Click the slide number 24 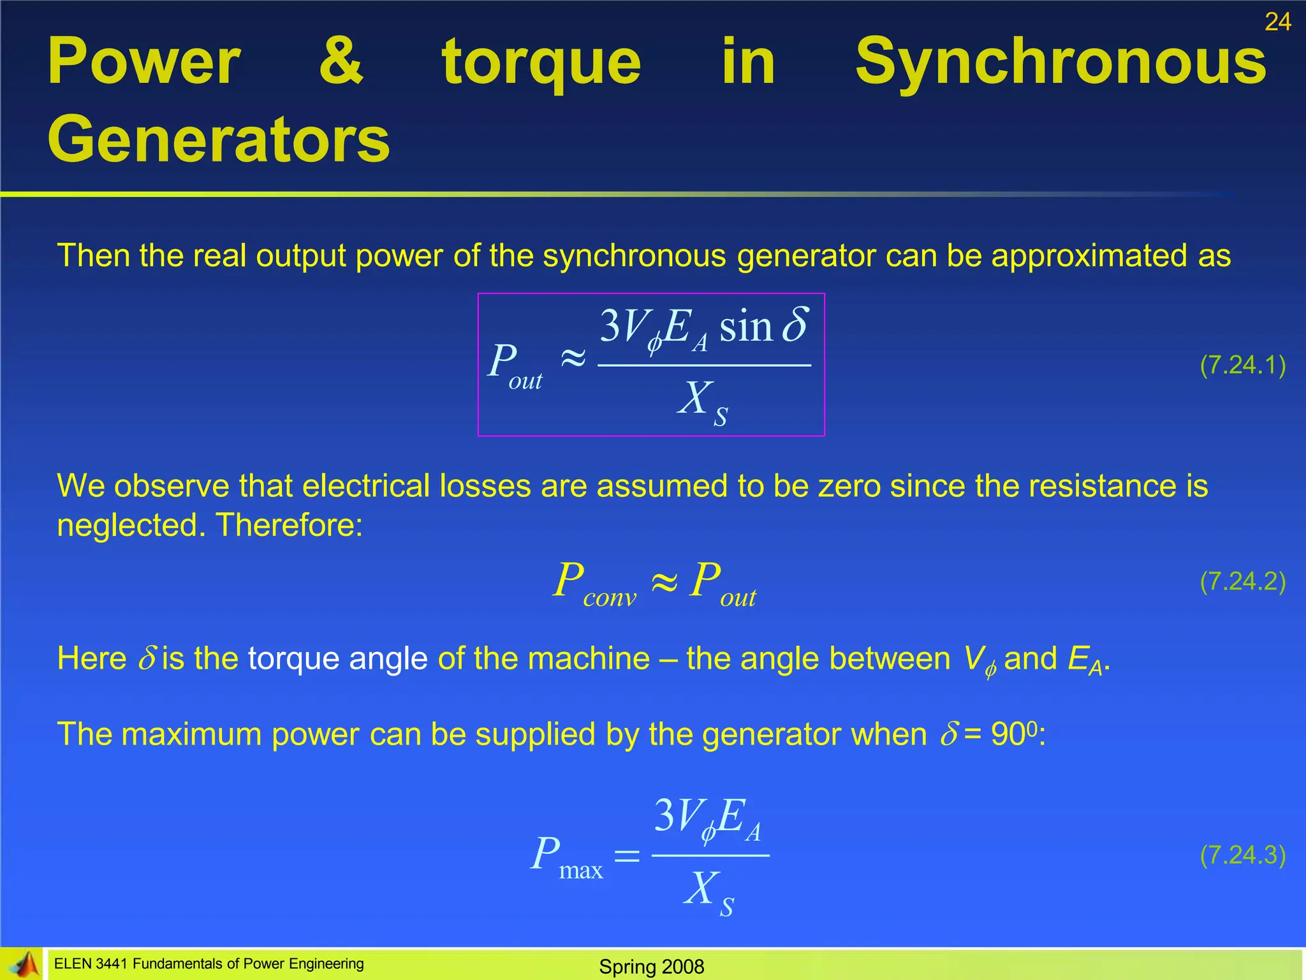click(x=1277, y=22)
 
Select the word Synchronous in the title click(x=1060, y=62)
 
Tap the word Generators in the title click(x=218, y=140)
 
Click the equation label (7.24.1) click(x=1242, y=365)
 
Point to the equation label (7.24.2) click(x=1242, y=581)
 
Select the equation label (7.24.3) click(x=1242, y=855)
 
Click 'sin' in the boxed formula click(x=745, y=327)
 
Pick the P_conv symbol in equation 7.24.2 click(x=594, y=583)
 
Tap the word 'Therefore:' click(x=289, y=525)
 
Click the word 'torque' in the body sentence click(x=293, y=658)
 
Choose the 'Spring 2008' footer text click(x=651, y=967)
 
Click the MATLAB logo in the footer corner click(x=23, y=964)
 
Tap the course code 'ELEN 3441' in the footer click(x=91, y=964)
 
